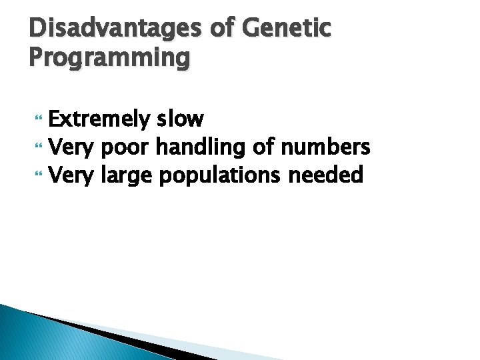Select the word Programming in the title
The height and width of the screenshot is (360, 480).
pyautogui.click(x=109, y=59)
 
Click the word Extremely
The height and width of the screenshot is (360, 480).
pyautogui.click(x=100, y=120)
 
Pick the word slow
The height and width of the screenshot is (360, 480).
pyautogui.click(x=180, y=119)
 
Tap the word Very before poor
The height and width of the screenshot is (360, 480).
pyautogui.click(x=73, y=147)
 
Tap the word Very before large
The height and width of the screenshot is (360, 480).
pyautogui.click(x=73, y=176)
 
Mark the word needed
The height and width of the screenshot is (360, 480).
pyautogui.click(x=326, y=175)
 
